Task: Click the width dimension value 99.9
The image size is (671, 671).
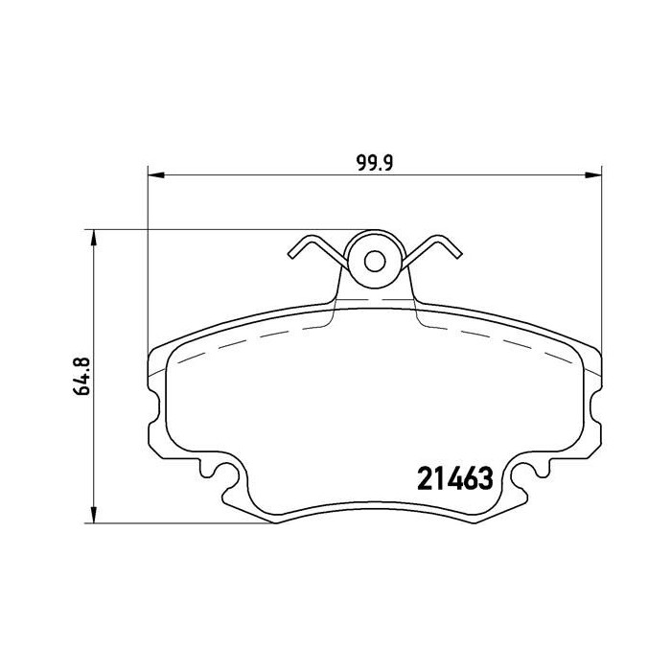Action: coord(376,163)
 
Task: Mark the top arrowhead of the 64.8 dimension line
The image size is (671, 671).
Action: coord(93,236)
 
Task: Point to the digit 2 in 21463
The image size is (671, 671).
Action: coord(423,476)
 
